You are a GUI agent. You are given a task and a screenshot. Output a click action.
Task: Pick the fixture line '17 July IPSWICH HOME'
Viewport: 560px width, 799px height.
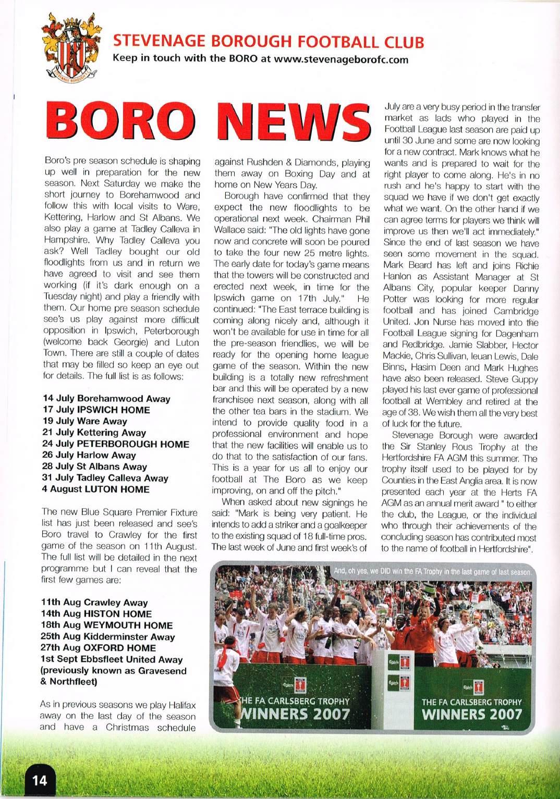(96, 410)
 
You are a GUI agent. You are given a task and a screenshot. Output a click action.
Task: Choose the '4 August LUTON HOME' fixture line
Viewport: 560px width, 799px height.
(96, 489)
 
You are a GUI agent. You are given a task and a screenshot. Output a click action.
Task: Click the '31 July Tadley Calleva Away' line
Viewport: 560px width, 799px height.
(106, 478)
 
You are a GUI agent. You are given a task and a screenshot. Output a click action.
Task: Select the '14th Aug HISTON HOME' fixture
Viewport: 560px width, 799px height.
(96, 614)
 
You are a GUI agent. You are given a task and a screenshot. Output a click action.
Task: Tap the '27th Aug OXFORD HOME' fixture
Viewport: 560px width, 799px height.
(99, 648)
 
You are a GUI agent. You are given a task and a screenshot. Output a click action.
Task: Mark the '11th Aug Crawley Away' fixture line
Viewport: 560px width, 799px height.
(94, 603)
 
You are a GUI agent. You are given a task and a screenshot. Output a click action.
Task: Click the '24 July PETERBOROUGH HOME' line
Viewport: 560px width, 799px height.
(116, 444)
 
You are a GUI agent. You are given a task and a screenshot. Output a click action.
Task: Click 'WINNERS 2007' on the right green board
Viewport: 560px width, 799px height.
(472, 714)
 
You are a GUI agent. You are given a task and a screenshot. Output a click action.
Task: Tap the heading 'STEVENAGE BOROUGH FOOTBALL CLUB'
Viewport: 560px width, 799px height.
(269, 42)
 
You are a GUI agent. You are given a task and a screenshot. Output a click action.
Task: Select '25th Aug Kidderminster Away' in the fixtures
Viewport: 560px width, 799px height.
(108, 637)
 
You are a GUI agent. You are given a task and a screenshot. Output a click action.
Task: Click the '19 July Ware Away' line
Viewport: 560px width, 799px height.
(85, 421)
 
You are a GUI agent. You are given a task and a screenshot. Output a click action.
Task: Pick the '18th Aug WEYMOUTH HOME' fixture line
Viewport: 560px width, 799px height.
(107, 625)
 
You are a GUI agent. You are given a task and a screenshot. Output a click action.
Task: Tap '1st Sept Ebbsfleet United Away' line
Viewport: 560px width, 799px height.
(112, 659)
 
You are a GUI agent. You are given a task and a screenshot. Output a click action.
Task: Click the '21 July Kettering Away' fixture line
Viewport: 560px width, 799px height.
(94, 433)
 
